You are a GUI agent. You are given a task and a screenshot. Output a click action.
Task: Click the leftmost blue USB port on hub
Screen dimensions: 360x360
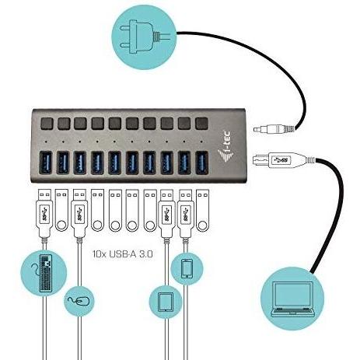(x=45, y=162)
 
